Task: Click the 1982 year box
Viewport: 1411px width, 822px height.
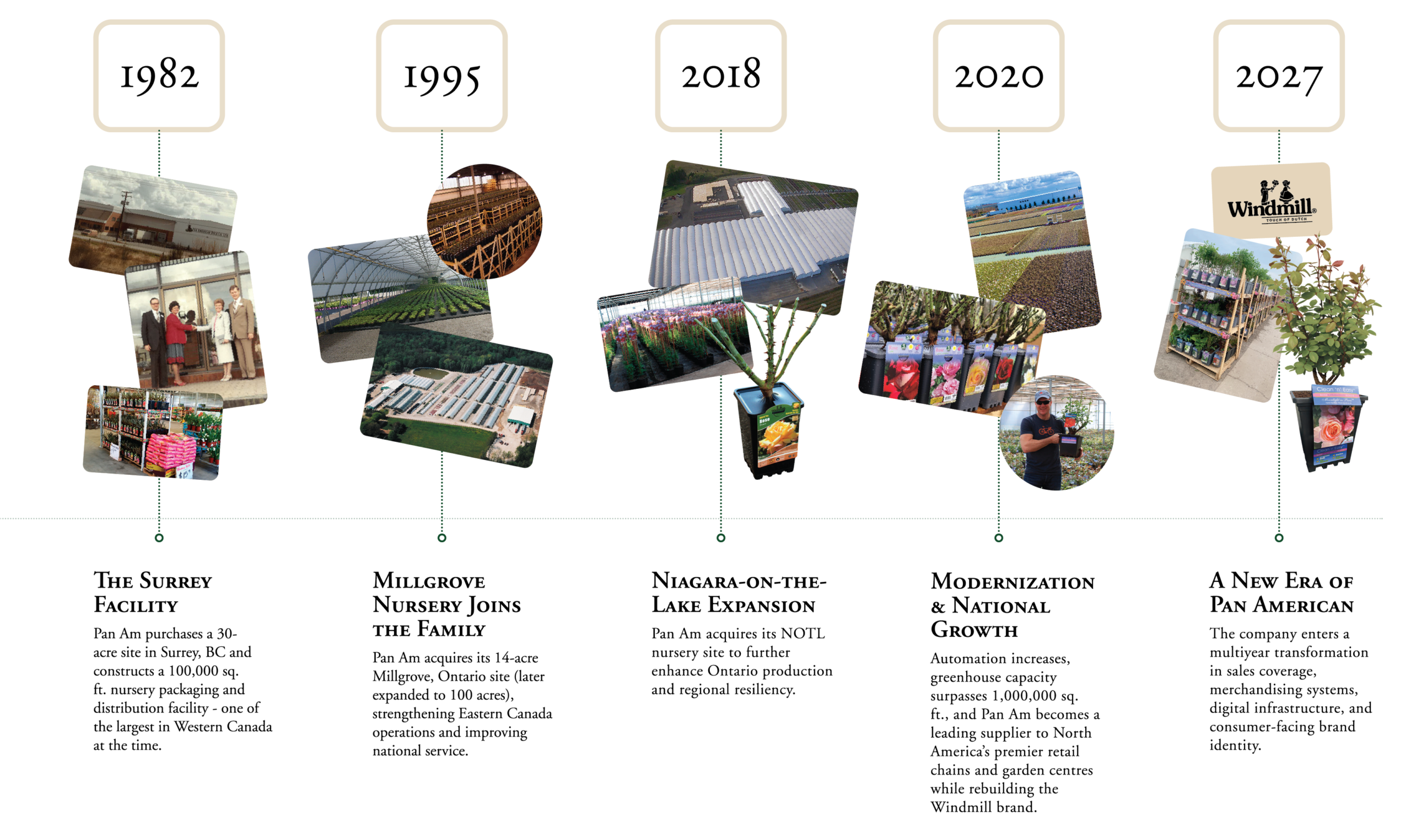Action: tap(159, 75)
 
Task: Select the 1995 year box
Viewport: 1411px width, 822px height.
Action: tap(441, 75)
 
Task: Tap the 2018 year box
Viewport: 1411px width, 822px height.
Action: tap(720, 75)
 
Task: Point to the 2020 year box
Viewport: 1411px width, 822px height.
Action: tap(998, 75)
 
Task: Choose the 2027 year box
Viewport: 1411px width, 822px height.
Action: tap(1279, 75)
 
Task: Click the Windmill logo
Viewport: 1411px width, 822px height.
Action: tap(1272, 199)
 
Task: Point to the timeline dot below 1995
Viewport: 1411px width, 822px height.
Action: tap(442, 538)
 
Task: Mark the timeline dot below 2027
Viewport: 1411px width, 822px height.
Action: tap(1279, 538)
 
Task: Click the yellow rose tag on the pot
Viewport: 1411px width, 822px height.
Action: tap(779, 439)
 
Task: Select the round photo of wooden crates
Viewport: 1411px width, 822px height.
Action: tap(484, 221)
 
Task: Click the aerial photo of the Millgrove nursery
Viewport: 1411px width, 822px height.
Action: tap(456, 397)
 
